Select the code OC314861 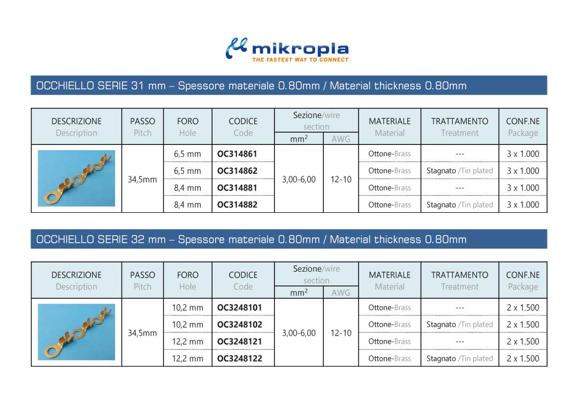[237, 154]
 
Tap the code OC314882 [237, 205]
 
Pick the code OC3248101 [239, 307]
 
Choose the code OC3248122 [239, 359]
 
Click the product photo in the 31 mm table [77, 178]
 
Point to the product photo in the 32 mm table [77, 332]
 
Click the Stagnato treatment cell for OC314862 [459, 171]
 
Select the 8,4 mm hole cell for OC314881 [187, 188]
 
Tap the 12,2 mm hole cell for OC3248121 [187, 342]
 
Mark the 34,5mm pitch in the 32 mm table [142, 333]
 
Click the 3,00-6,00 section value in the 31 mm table [299, 180]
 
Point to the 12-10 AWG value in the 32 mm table [341, 333]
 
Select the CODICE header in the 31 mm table [243, 121]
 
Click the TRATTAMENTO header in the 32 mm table [460, 275]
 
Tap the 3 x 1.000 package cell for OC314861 [523, 154]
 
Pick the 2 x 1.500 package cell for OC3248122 [523, 359]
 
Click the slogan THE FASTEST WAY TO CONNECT [300, 60]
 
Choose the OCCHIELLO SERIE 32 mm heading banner [289, 240]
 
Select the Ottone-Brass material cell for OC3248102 [390, 325]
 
